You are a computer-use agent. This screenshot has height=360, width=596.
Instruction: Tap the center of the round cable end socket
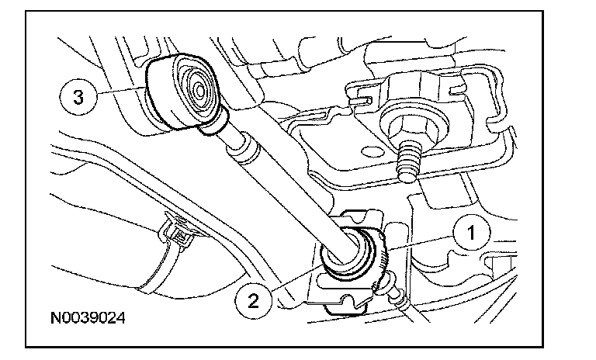click(x=194, y=88)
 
